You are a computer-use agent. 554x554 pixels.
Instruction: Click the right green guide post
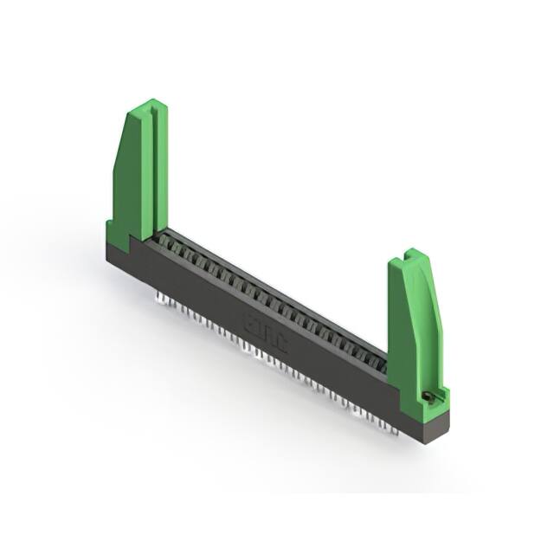(414, 320)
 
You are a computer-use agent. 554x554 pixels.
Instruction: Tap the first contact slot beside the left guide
(161, 239)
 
